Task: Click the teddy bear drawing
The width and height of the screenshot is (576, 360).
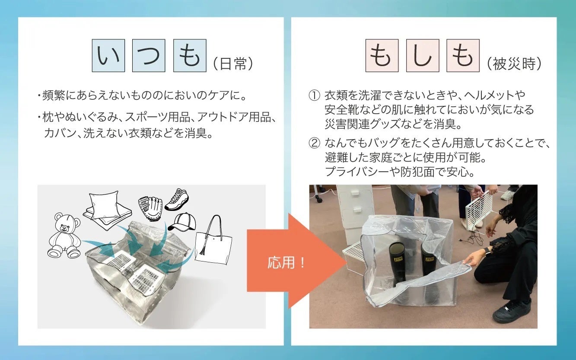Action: coord(64,235)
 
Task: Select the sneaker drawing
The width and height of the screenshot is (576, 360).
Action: coord(177,200)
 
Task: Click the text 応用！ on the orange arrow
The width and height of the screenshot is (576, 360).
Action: coord(286,262)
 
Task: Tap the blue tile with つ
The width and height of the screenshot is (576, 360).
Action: coord(149,56)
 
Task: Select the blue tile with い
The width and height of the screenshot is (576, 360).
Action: coord(108,56)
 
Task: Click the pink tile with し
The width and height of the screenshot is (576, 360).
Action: coord(423,56)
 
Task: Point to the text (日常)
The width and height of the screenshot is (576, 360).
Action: coord(233,64)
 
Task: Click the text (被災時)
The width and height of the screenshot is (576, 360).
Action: coord(514,64)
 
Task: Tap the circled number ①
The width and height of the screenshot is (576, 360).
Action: coord(314,96)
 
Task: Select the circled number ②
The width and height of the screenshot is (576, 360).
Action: coord(314,143)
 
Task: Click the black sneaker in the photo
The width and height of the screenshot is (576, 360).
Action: coord(512,312)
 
